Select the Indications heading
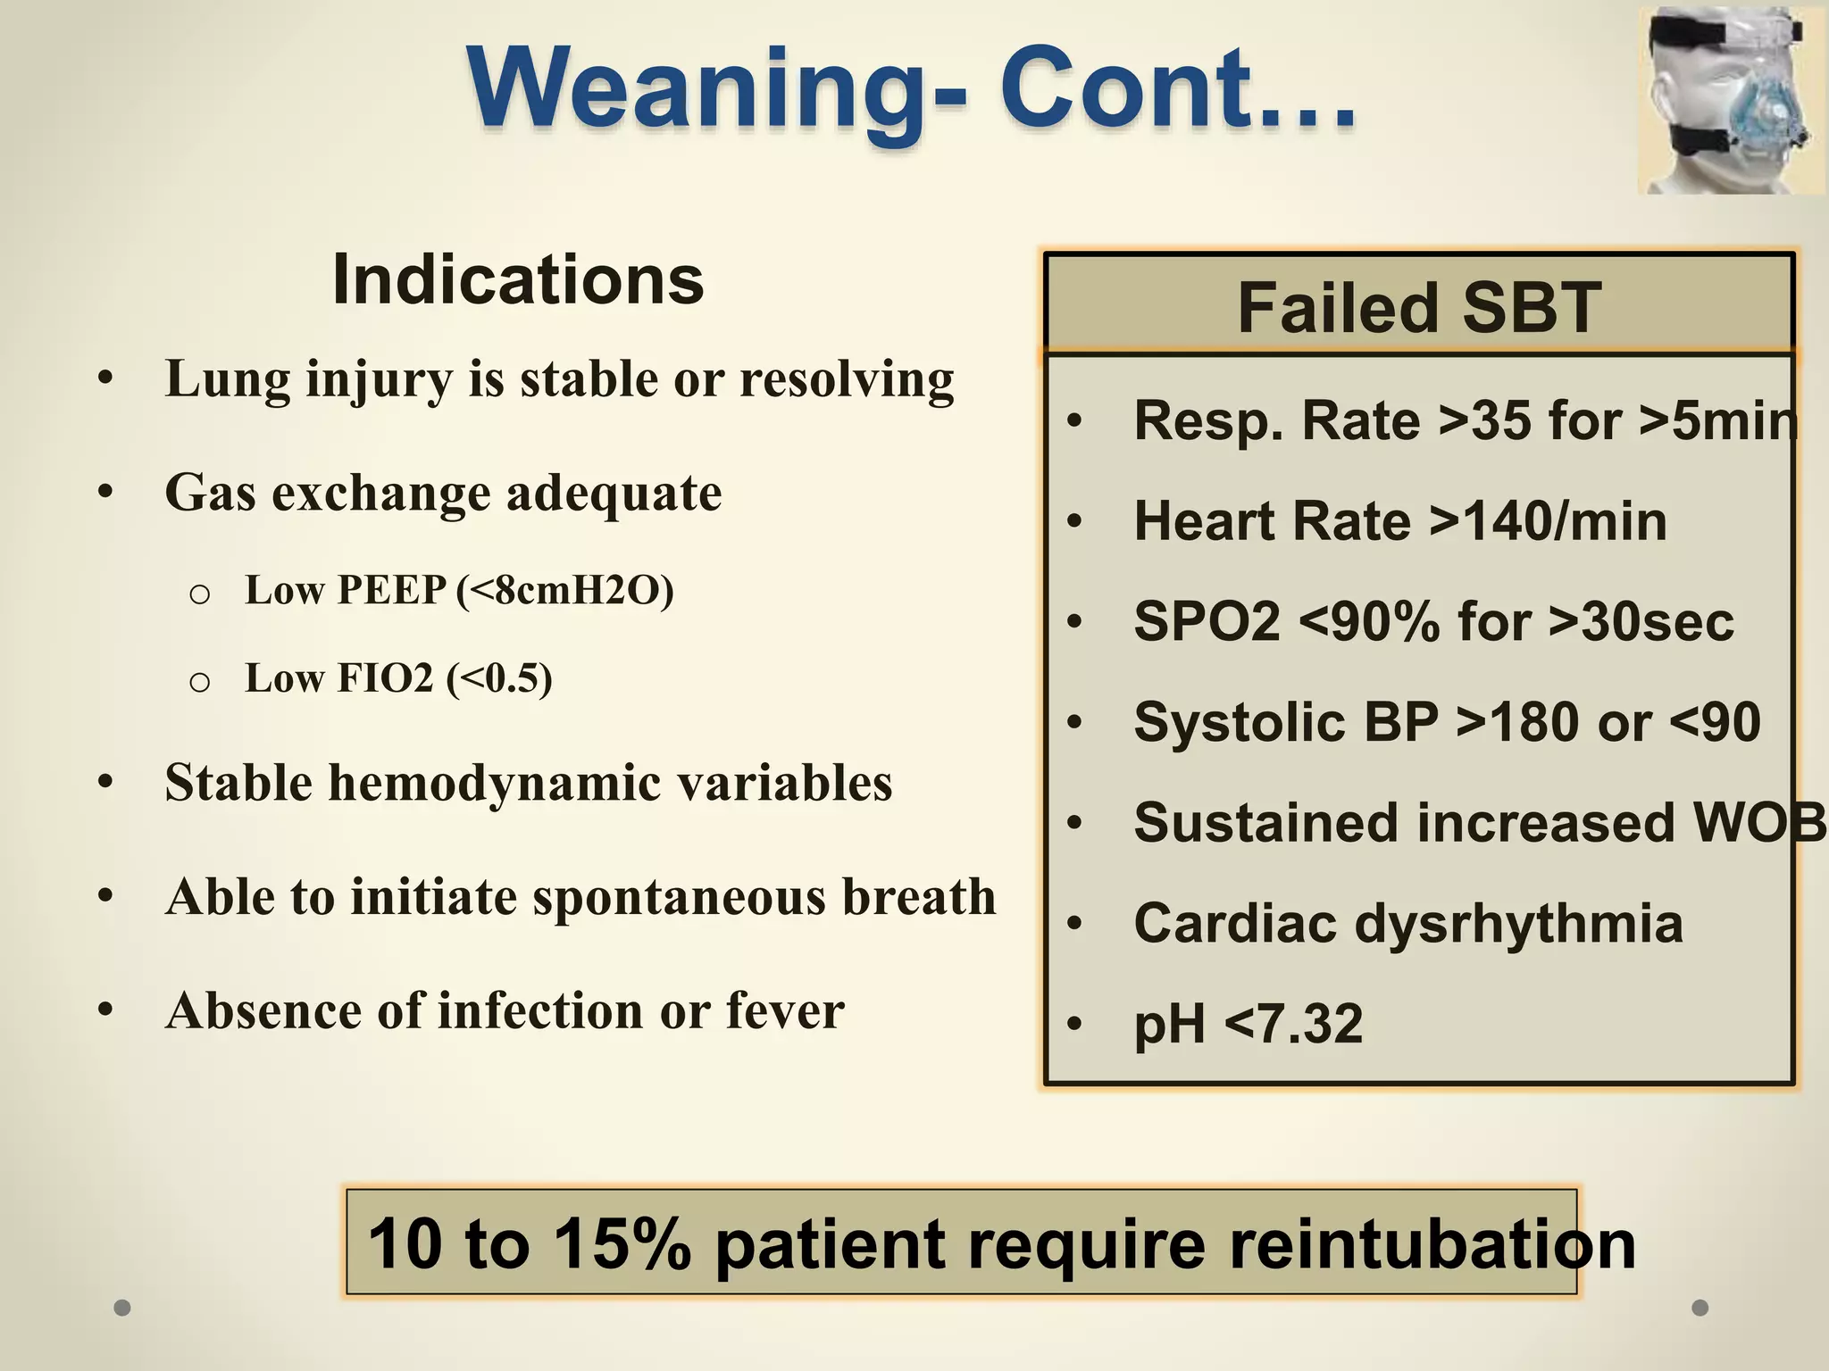(518, 279)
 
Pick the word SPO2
(1207, 621)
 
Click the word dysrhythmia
(1519, 923)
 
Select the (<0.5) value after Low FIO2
(499, 678)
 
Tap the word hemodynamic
(495, 783)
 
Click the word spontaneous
(679, 897)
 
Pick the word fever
(785, 1011)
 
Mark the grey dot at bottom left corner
(122, 1308)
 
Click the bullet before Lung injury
(105, 378)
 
